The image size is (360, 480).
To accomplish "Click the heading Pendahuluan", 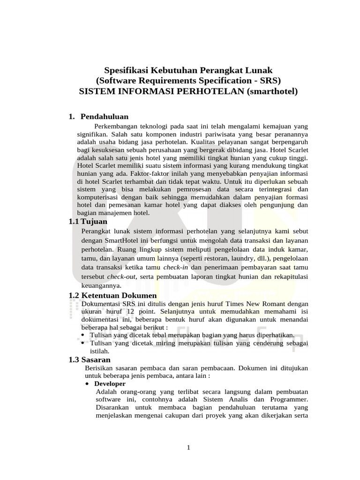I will tap(105, 116).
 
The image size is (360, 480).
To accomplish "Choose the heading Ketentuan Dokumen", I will tap(119, 296).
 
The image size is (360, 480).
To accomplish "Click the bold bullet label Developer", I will tap(110, 383).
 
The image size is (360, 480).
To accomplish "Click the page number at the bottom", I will tap(188, 448).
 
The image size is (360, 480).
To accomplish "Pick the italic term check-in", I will tap(176, 267).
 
